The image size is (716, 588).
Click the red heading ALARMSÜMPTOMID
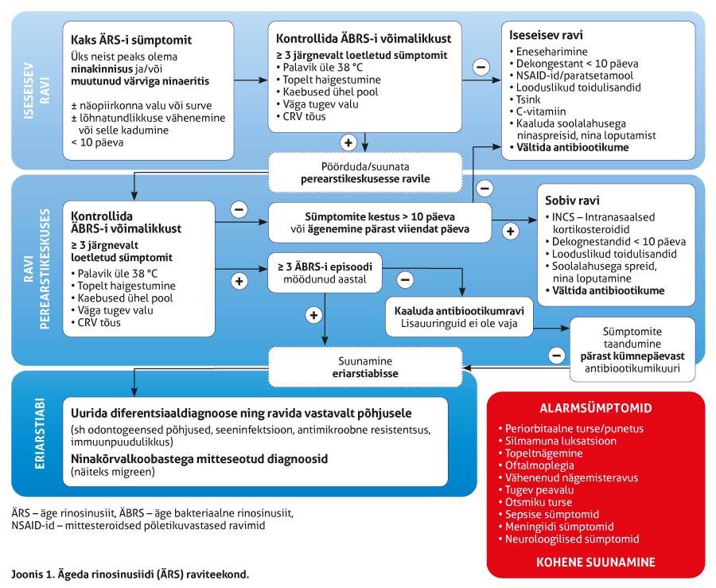pos(596,408)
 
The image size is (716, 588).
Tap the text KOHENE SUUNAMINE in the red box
pos(596,562)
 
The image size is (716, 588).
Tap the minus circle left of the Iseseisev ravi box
pos(481,67)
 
